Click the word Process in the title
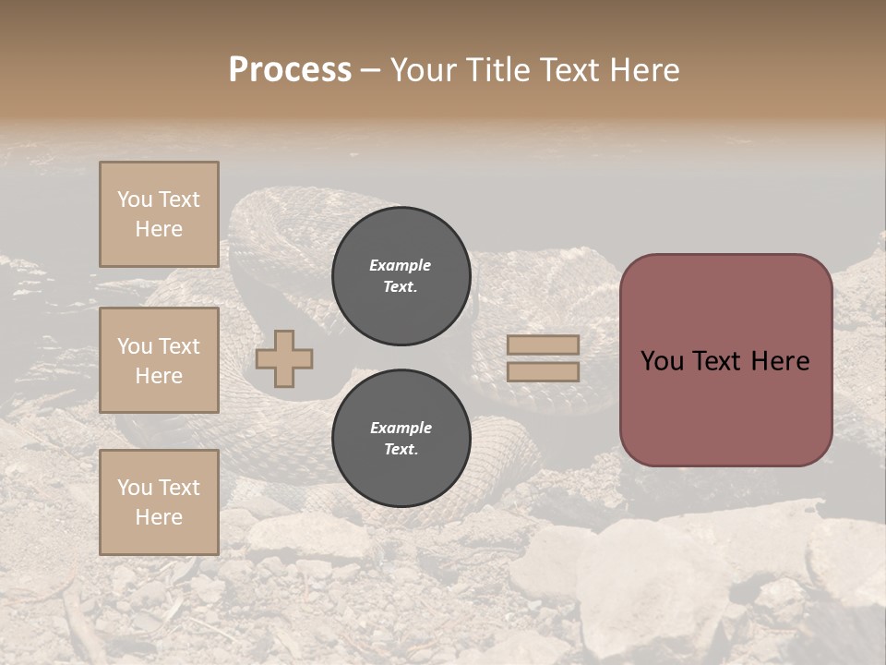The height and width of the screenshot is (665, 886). point(290,70)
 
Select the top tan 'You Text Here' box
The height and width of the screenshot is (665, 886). point(159,214)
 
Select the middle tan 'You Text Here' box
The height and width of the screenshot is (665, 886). point(159,360)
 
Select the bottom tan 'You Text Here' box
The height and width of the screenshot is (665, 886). point(159,502)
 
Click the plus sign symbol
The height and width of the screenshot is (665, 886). point(284,359)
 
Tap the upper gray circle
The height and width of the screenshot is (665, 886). point(401,276)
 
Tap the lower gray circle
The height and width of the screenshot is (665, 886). point(401,439)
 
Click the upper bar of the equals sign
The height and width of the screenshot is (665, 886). point(543,345)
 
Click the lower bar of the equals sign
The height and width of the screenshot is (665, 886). point(543,371)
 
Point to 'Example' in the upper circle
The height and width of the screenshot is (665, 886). point(401,265)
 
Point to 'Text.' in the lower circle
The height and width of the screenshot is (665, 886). point(401,450)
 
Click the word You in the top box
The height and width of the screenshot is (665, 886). point(135,199)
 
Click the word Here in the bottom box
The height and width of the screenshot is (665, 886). point(159,517)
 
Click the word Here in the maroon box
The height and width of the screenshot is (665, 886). point(780,361)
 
